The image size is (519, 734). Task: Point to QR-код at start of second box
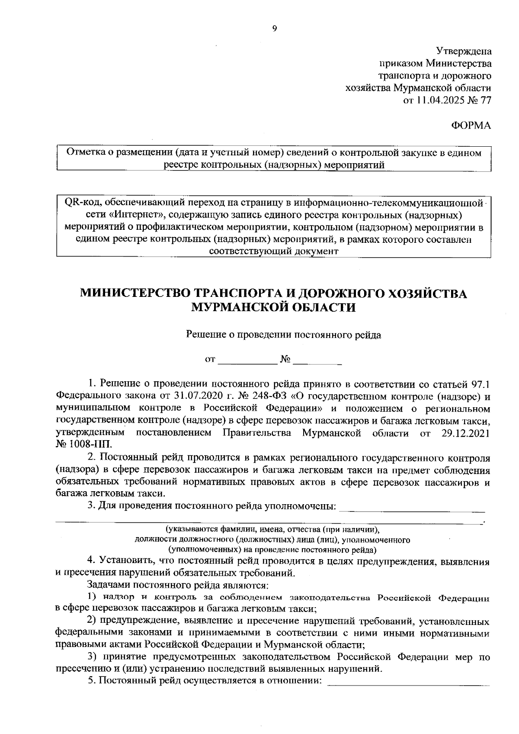click(81, 203)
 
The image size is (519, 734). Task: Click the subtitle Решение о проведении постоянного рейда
click(283, 335)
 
